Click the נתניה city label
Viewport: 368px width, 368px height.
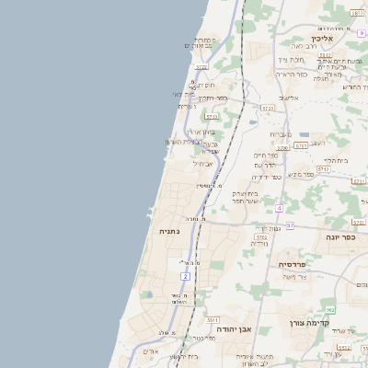click(x=169, y=231)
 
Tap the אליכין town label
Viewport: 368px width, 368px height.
click(x=321, y=39)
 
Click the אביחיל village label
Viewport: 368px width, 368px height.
click(x=202, y=164)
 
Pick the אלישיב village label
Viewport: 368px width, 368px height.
click(x=289, y=97)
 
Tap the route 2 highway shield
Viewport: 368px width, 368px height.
click(x=186, y=276)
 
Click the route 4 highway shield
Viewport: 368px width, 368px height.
click(x=279, y=208)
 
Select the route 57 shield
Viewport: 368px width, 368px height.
click(x=291, y=224)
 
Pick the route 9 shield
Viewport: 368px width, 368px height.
click(x=362, y=33)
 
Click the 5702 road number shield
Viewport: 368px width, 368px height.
click(x=261, y=237)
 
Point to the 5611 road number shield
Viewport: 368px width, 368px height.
click(x=213, y=319)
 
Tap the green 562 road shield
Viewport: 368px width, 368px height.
click(x=330, y=309)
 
